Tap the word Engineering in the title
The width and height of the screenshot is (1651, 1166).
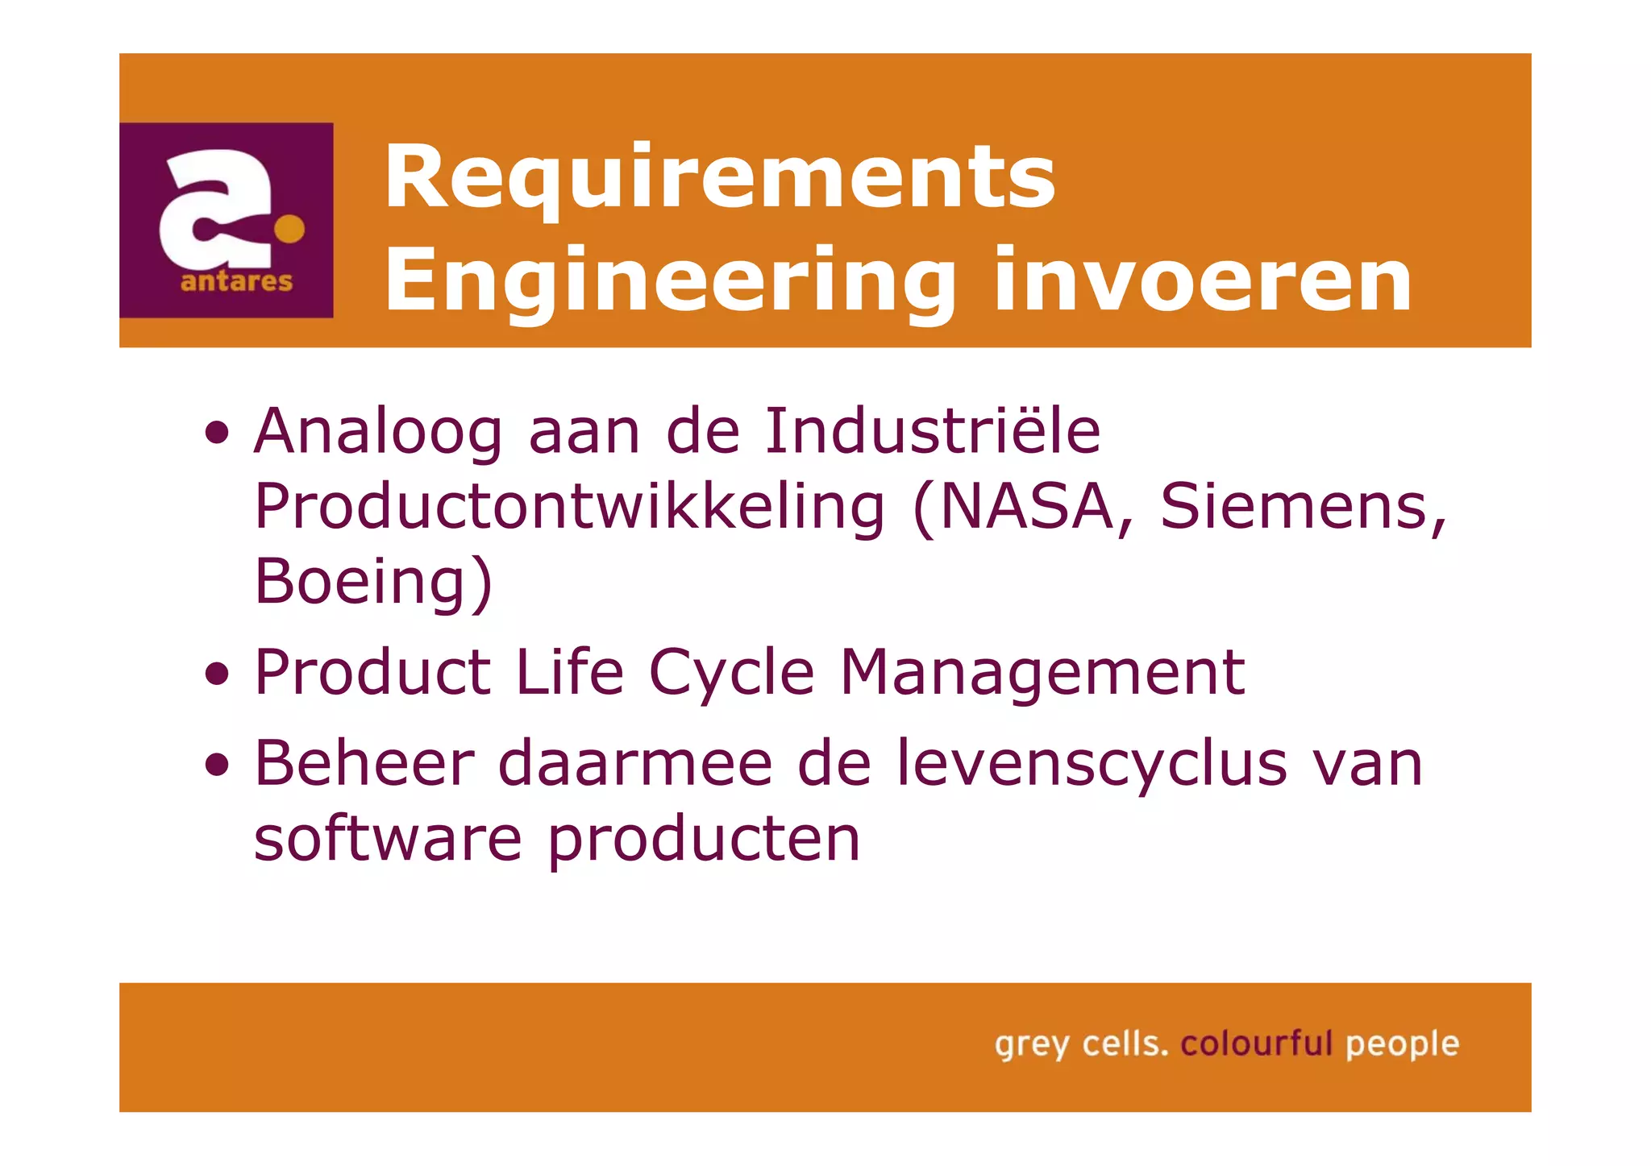[x=669, y=280]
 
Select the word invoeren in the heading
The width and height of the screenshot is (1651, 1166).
[x=1203, y=280]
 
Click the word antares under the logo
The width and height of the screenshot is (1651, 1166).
[x=236, y=282]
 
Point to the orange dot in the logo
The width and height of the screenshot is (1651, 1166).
[x=289, y=229]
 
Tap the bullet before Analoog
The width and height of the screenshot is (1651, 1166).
[x=217, y=434]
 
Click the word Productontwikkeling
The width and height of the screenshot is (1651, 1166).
[x=569, y=506]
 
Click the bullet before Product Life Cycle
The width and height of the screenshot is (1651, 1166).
[x=217, y=672]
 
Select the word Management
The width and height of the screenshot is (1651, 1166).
[x=1042, y=672]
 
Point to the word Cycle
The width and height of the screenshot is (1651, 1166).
[x=731, y=674]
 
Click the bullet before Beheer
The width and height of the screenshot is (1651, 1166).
[x=217, y=763]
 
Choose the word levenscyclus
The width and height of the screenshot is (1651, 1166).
[x=1092, y=763]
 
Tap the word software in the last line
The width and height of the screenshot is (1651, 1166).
[x=388, y=839]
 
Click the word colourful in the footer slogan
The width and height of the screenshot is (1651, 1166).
[x=1256, y=1044]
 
